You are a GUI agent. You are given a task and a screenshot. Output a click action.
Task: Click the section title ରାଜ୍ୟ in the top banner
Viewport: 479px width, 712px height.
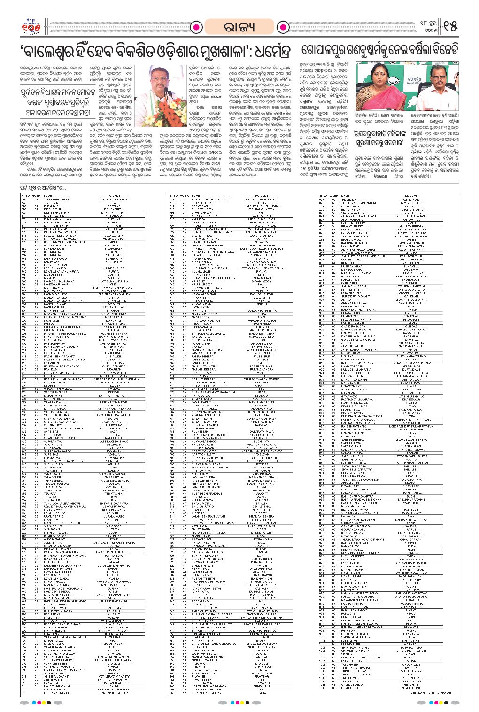239,26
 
